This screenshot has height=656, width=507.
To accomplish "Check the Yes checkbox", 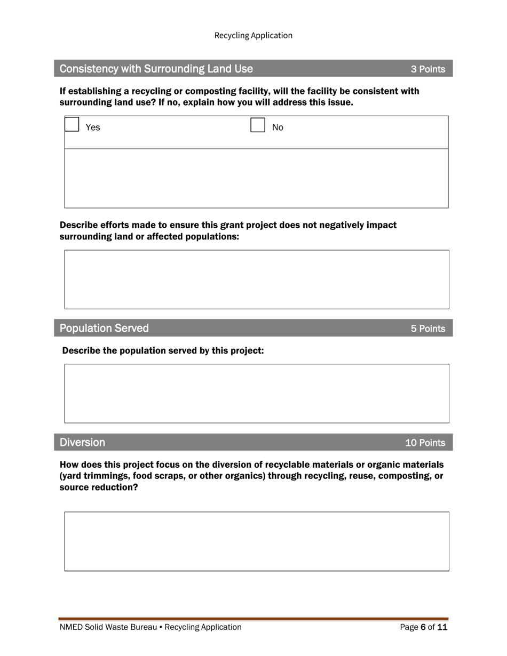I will tap(72, 125).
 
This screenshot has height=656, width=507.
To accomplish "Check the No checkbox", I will tap(258, 125).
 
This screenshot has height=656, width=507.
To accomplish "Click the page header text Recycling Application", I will tap(253, 35).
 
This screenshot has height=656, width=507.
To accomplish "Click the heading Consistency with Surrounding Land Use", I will tap(156, 69).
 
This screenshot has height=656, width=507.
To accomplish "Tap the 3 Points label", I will tap(427, 69).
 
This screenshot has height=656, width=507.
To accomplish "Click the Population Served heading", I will tap(104, 329).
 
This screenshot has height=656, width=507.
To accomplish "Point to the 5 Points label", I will tap(427, 329).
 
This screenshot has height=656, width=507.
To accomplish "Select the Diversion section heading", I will tap(82, 443).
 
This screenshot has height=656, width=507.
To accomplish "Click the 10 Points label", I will tap(425, 443).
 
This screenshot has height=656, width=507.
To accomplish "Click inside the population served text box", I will tap(256, 394).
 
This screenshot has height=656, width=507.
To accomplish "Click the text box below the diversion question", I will tap(256, 541).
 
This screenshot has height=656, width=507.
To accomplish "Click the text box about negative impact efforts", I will tap(256, 279).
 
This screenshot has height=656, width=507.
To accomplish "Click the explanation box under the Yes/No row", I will tap(256, 178).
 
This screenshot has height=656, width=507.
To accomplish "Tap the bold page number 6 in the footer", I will tap(423, 627).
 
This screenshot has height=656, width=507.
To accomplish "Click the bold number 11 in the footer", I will tap(442, 627).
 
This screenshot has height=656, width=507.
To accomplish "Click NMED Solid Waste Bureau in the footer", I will tap(108, 627).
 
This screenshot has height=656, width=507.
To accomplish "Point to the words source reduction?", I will tap(98, 487).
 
